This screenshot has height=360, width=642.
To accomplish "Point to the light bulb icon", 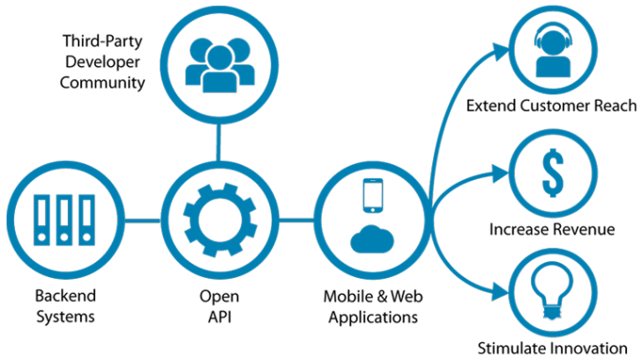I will (x=552, y=289).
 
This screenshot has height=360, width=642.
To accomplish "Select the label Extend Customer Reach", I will (x=552, y=107).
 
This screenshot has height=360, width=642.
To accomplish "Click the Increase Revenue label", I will (x=552, y=229).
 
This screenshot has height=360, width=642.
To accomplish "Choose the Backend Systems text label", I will (x=65, y=305).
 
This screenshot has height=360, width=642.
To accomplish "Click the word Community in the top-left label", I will (x=101, y=83).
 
